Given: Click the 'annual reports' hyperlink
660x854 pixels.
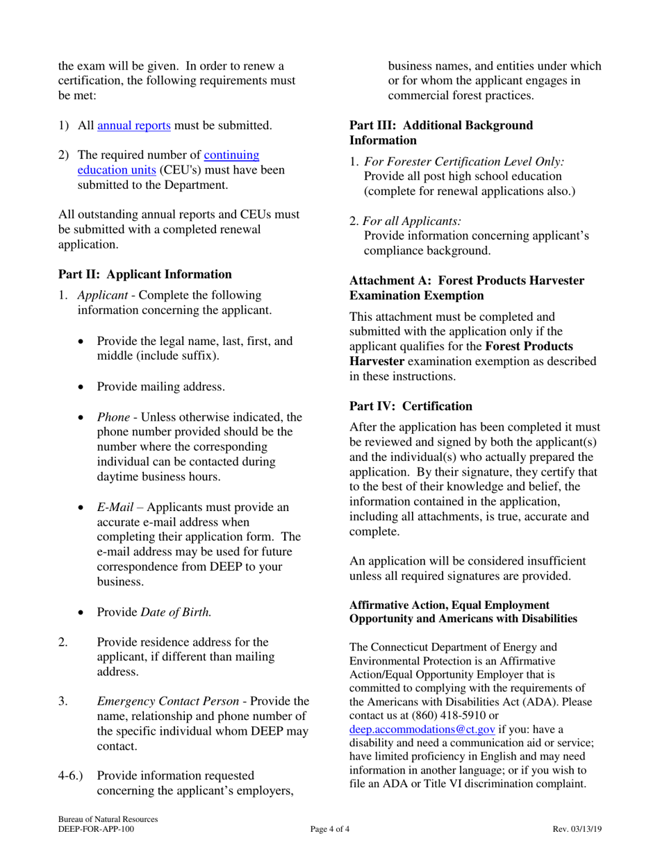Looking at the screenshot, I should tap(134, 126).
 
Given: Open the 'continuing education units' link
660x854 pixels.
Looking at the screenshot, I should tap(231, 156).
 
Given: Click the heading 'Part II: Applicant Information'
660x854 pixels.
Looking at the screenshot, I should tap(145, 274).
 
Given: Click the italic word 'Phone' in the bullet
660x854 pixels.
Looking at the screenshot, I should tap(113, 417).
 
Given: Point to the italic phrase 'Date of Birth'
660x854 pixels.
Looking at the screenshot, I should tap(176, 612).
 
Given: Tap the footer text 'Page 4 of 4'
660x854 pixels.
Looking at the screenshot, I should tap(330, 829).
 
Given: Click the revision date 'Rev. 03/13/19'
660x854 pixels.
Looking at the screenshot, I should tap(577, 829).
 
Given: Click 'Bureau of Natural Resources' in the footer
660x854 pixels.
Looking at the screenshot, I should tap(108, 819).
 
